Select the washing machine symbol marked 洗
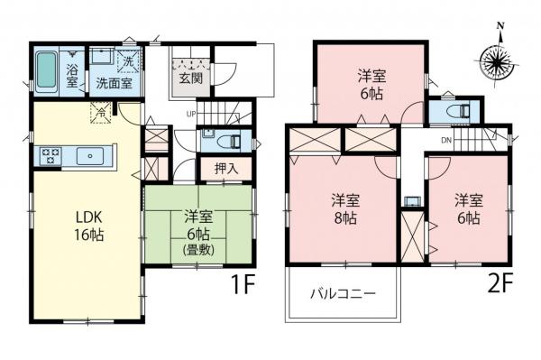coord(127,60)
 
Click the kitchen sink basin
coord(90,156)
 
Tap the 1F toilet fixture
coord(227,140)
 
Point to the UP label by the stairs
coord(191,114)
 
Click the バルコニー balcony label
coord(342,293)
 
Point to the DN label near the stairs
coord(446,141)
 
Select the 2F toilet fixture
coord(454,112)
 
